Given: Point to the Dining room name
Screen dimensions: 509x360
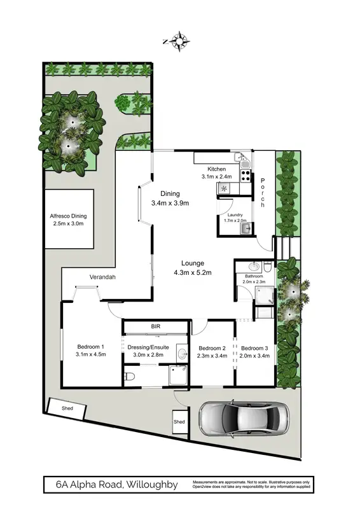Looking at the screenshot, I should [x=170, y=194].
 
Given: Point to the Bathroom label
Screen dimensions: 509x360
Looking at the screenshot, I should [x=254, y=276].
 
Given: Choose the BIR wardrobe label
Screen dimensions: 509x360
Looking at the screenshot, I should [x=155, y=326].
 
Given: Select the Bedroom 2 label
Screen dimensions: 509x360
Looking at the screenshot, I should [x=212, y=348].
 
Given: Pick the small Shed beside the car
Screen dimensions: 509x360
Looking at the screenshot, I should [x=180, y=422].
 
